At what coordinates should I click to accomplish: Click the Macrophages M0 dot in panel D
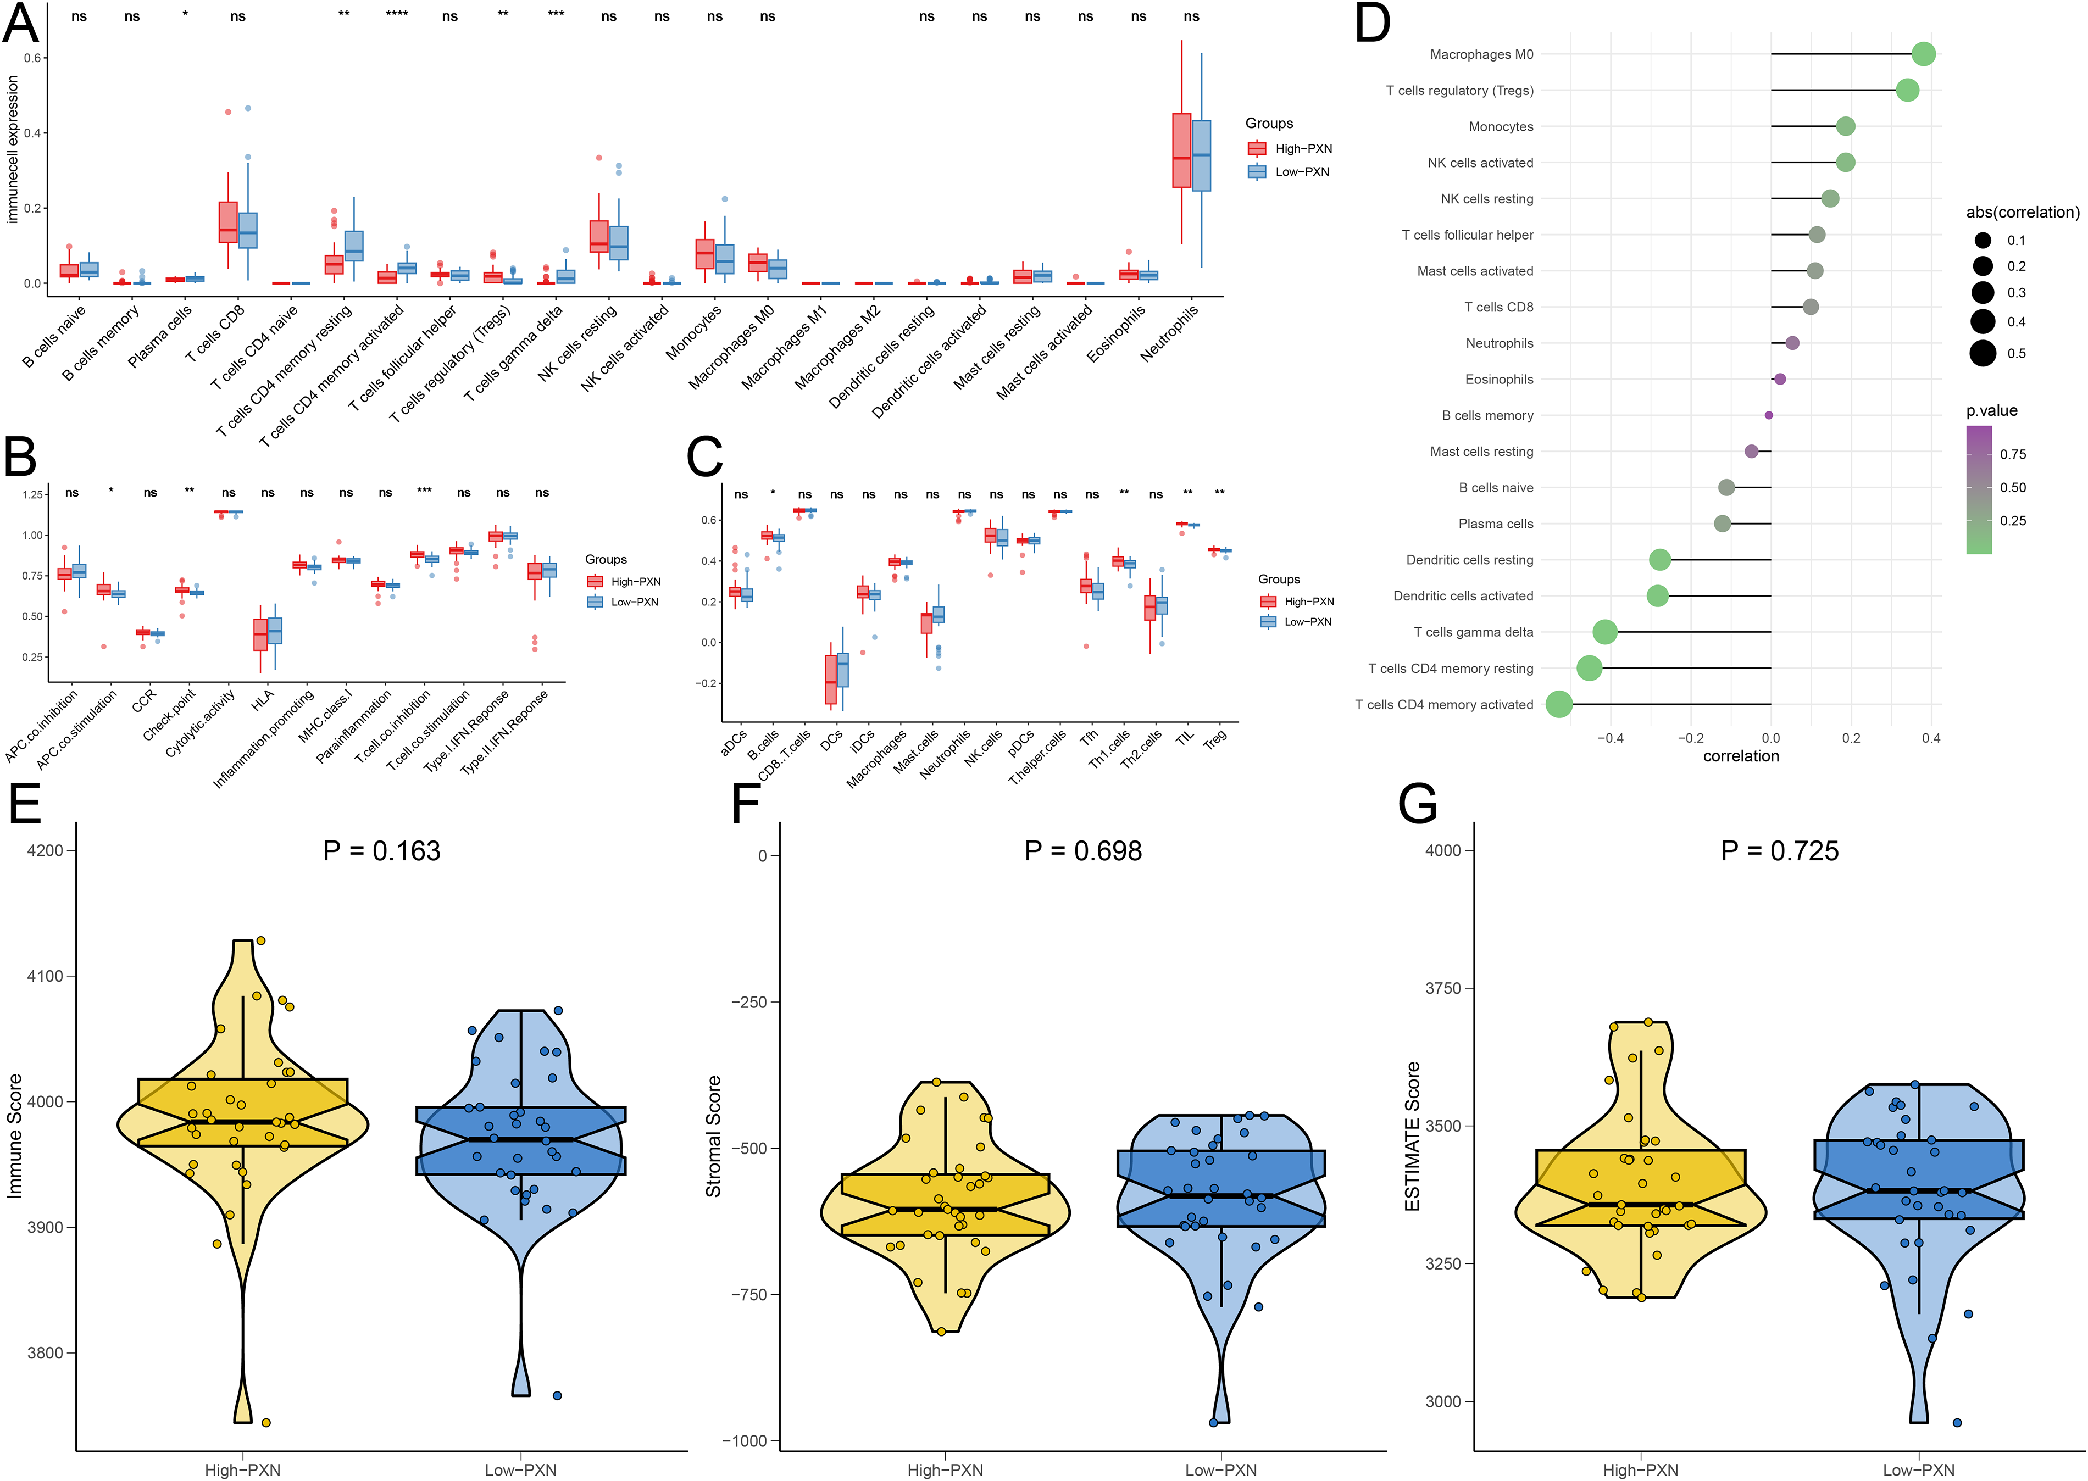point(1923,54)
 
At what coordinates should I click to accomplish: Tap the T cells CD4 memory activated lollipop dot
point(1559,704)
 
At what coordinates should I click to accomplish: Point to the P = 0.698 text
point(1083,851)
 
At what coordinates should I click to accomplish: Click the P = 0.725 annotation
point(1780,851)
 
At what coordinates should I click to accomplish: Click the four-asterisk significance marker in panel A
point(397,14)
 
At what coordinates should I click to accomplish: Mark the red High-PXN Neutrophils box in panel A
point(1181,151)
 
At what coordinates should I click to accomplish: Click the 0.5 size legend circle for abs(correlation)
point(1982,353)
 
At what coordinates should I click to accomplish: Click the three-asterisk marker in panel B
point(424,491)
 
